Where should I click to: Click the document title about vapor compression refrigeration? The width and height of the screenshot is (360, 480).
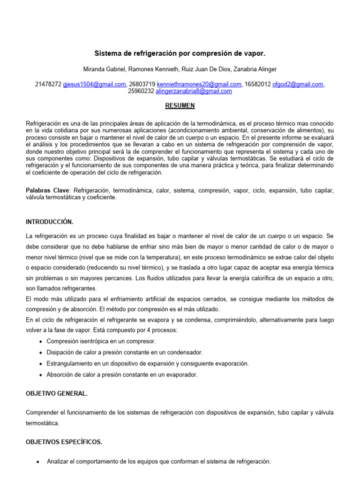tap(180, 54)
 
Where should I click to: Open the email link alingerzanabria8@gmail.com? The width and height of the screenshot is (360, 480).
tap(194, 91)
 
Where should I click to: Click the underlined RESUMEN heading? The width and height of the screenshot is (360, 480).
tap(180, 106)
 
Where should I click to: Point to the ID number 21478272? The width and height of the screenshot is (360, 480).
tap(48, 84)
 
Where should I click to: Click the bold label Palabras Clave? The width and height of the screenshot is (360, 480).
tap(47, 191)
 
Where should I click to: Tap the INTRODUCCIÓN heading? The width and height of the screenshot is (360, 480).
tap(50, 221)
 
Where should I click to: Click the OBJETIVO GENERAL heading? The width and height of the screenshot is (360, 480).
tap(56, 394)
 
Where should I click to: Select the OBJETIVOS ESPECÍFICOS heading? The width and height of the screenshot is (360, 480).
tap(63, 442)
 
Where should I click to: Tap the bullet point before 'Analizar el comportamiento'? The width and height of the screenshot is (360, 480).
tap(38, 462)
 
